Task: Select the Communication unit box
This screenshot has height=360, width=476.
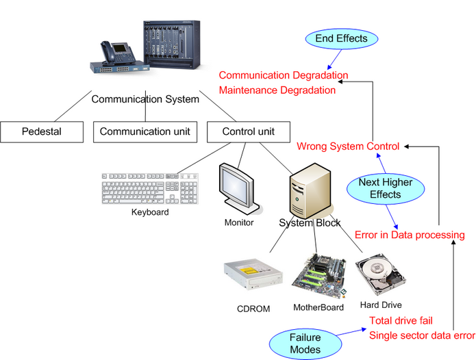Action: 145,131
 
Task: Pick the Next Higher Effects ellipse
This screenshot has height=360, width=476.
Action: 384,189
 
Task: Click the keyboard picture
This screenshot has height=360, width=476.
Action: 149,188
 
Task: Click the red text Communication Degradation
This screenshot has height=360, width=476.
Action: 284,75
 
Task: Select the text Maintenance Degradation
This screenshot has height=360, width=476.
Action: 277,90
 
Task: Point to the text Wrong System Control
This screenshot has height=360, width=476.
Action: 347,146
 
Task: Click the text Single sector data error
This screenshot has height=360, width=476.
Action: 422,335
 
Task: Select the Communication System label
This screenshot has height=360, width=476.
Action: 145,99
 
